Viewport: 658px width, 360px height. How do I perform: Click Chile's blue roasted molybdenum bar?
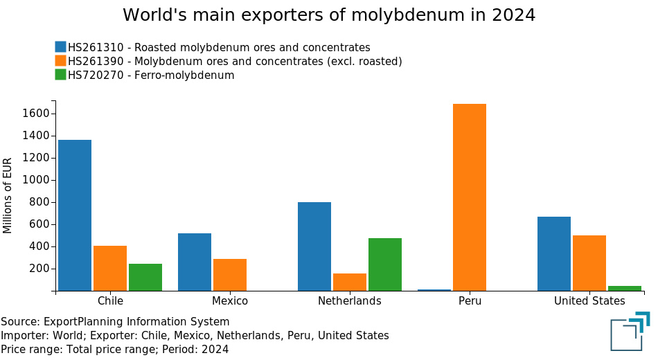75,215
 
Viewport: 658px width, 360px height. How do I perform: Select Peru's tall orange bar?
470,197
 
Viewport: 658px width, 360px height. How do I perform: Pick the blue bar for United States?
554,253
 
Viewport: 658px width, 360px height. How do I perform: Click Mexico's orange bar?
230,275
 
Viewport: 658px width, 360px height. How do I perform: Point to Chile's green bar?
145,277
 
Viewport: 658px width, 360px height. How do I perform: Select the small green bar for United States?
625,288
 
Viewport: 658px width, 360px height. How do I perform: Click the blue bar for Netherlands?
314,246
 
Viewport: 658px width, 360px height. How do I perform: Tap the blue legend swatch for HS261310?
61,47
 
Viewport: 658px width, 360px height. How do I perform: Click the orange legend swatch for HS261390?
61,61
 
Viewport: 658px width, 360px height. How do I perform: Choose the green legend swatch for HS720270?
61,75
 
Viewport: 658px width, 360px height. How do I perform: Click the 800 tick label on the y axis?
39,202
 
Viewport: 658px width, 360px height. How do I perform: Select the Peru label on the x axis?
470,301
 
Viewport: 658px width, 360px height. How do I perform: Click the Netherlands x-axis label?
350,301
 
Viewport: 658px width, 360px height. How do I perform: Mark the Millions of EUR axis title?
8,196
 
